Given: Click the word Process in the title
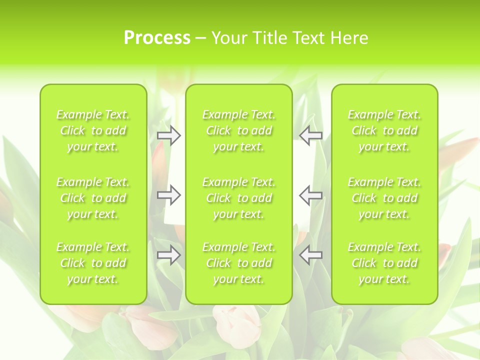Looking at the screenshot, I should coord(157,38).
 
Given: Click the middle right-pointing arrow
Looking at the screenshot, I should coord(168,195).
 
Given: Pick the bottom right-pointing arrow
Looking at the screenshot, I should coord(168,255).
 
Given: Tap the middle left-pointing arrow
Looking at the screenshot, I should coord(311,195).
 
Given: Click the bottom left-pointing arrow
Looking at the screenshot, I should coord(311,255).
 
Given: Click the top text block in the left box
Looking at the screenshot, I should coord(93,130).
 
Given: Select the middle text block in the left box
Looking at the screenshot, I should coord(93,198).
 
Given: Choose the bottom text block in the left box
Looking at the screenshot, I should coord(93,263).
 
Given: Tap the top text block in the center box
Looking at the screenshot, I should coord(238,130).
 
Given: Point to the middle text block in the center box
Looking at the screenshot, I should coord(238,198).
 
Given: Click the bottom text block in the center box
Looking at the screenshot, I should coord(238,263).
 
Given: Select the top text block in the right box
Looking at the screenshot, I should coord(384,130).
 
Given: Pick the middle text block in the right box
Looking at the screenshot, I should coord(384,198).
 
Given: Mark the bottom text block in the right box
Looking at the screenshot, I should coord(384,263).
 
